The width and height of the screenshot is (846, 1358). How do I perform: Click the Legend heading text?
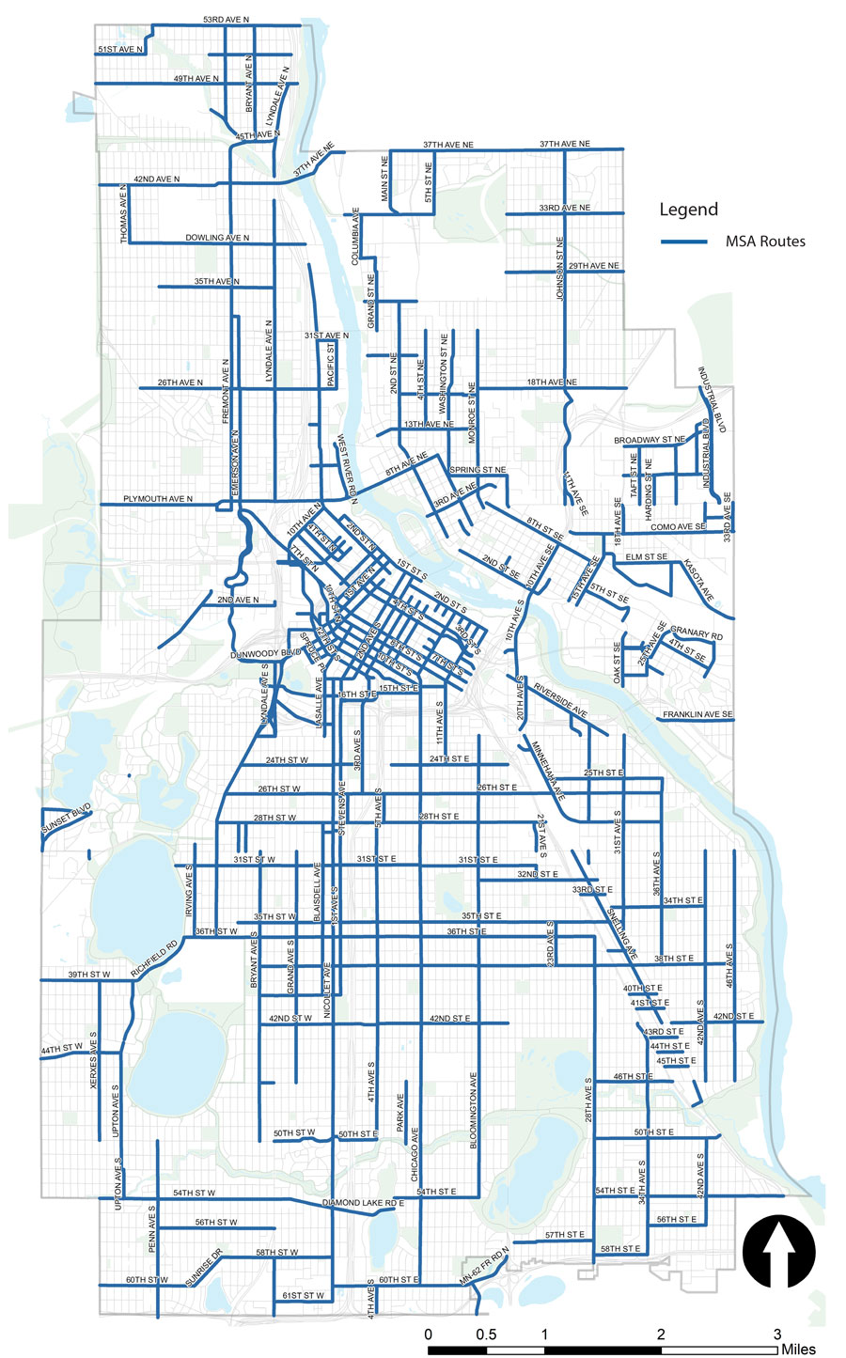click(688, 210)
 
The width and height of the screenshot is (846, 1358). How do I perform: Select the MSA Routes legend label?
click(764, 242)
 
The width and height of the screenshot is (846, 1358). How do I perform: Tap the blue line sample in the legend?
click(683, 242)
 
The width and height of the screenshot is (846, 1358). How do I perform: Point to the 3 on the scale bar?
click(777, 1334)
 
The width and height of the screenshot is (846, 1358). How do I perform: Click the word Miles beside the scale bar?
click(804, 1350)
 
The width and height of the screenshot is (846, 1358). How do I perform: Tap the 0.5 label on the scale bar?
click(486, 1334)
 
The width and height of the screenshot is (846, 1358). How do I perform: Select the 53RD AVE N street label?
click(226, 19)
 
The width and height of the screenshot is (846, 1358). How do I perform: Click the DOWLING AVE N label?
click(217, 238)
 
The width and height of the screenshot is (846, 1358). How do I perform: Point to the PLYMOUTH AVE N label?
click(157, 499)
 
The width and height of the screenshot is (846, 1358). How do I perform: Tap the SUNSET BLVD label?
click(66, 820)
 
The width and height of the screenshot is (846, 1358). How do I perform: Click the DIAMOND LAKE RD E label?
click(362, 1203)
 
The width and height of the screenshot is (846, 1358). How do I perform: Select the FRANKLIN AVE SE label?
click(697, 715)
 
